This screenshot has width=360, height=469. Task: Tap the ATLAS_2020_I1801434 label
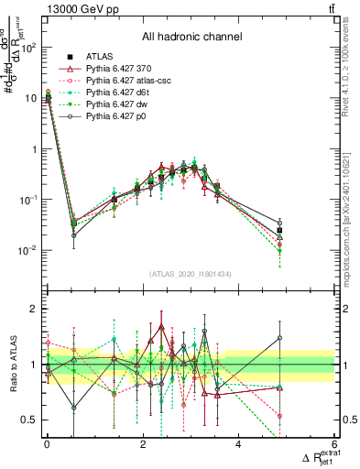click(x=191, y=274)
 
